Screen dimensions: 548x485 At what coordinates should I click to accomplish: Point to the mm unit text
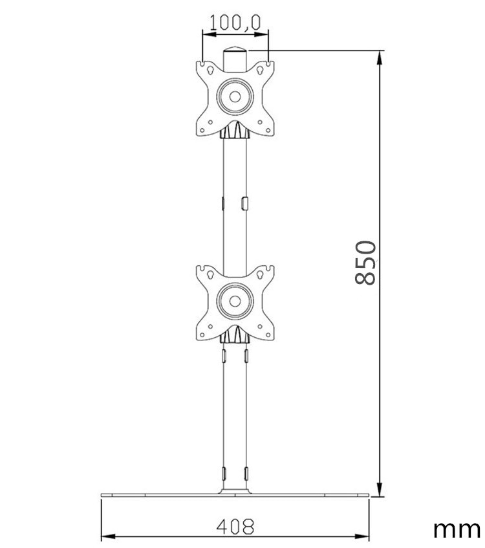click(x=456, y=529)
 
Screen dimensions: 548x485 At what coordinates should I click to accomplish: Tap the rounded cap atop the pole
click(x=235, y=52)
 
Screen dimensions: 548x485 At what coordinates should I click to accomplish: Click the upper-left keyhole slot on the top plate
click(x=204, y=67)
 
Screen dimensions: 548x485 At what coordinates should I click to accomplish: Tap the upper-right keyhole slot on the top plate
click(x=266, y=67)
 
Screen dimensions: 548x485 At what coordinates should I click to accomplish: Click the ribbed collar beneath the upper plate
click(x=235, y=133)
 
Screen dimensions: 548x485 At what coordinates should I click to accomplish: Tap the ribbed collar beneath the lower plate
click(x=235, y=336)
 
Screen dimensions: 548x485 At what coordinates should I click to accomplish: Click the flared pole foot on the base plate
click(x=235, y=491)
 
